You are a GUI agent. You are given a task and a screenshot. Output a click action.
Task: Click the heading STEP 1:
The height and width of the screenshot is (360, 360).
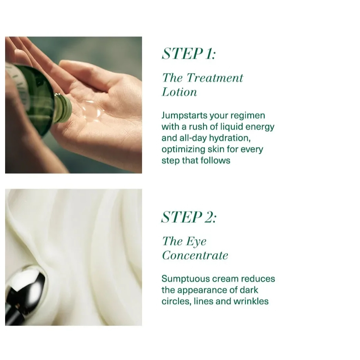click(189, 54)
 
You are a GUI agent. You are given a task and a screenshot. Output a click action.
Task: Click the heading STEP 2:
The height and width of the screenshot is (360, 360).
click(189, 217)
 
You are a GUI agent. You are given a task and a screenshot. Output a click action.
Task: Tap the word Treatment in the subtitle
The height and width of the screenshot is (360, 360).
click(215, 78)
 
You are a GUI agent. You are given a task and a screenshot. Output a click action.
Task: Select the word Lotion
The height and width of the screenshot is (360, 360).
click(180, 92)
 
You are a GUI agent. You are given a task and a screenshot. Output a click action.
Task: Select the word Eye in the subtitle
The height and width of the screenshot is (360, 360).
click(196, 241)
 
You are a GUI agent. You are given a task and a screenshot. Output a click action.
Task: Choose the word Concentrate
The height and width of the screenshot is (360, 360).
click(195, 255)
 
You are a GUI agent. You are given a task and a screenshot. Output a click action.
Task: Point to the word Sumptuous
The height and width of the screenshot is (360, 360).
click(185, 279)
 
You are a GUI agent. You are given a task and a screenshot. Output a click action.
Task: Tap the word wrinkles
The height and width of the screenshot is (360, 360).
click(251, 301)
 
